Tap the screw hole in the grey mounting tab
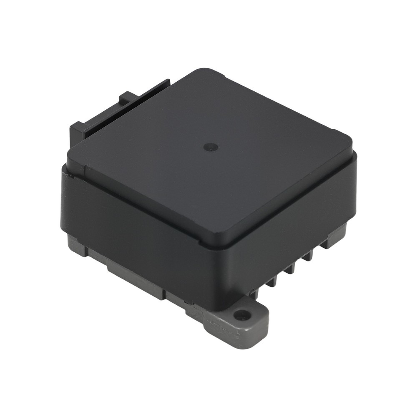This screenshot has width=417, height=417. pos(241,314)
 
